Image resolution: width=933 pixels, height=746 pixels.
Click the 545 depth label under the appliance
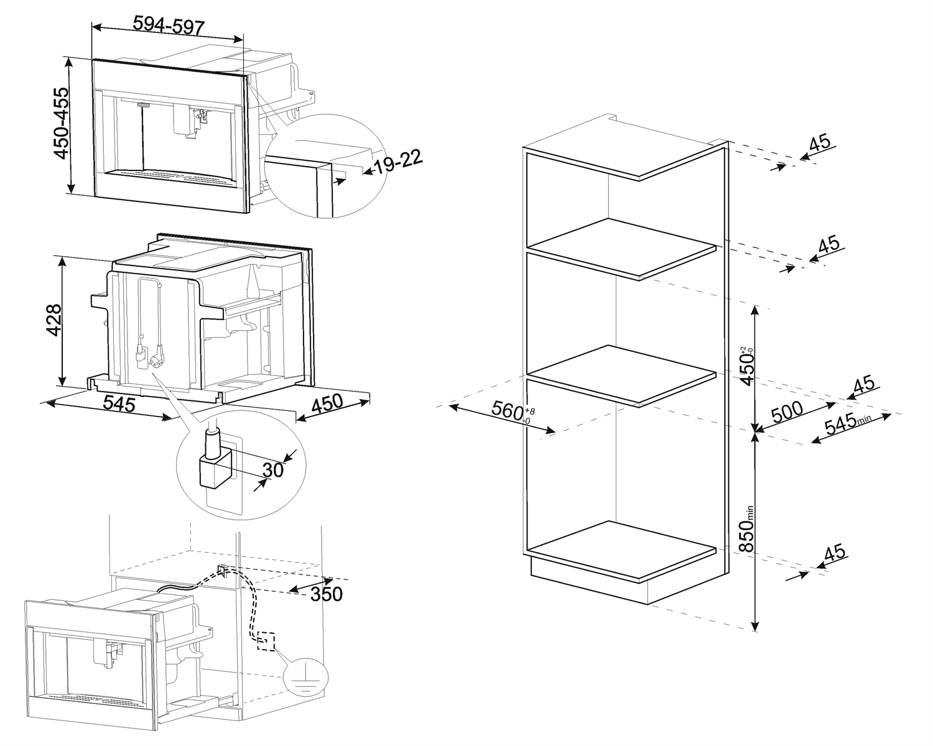[x=119, y=404]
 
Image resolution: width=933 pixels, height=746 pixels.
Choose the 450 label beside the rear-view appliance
[x=327, y=403]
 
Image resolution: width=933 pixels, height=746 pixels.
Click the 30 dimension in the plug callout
[x=273, y=469]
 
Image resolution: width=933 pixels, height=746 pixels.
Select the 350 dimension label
[x=327, y=594]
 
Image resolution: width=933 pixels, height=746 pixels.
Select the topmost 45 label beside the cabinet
[x=820, y=142]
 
